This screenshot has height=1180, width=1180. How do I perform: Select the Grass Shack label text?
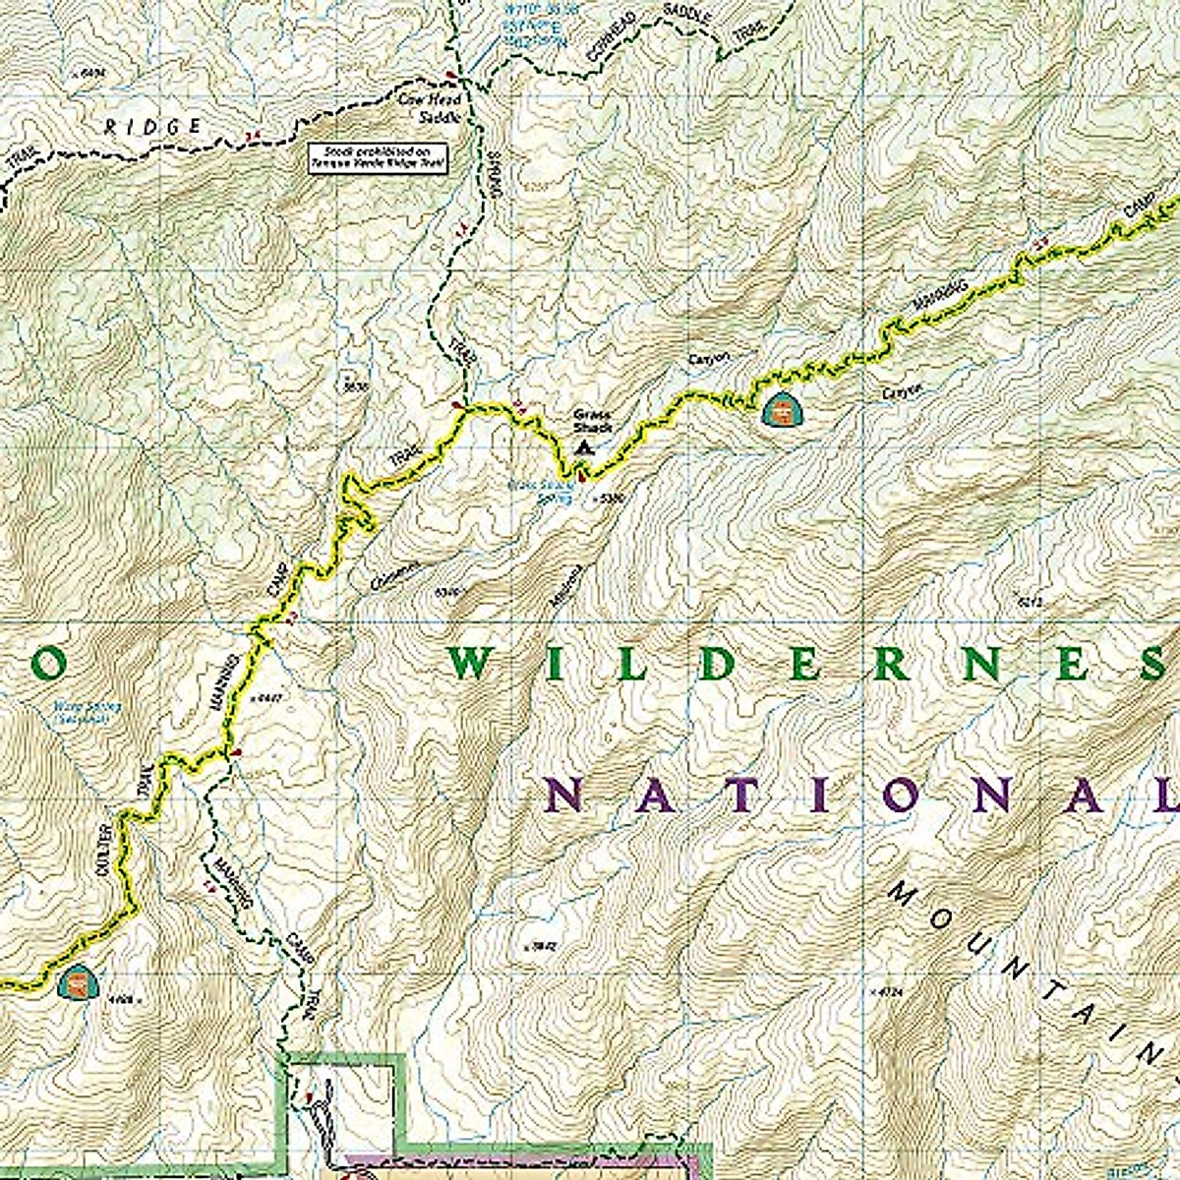pos(593,422)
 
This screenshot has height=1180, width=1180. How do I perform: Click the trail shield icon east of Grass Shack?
pos(779,411)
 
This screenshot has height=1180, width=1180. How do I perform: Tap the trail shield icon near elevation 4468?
pos(77,981)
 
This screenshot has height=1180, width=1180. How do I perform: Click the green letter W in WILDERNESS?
pos(471,665)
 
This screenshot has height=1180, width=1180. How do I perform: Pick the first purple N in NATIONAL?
pos(564,794)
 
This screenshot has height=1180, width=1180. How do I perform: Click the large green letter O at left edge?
pos(47,666)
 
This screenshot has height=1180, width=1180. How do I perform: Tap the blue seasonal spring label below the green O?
pos(80,712)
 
